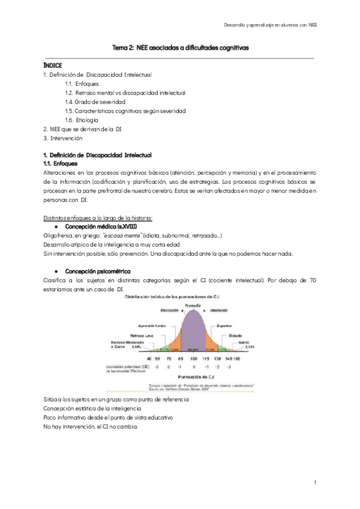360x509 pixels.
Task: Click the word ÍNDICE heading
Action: click(x=53, y=65)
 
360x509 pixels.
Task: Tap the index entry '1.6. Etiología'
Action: click(x=82, y=120)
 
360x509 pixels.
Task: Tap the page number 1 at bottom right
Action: click(x=315, y=483)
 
